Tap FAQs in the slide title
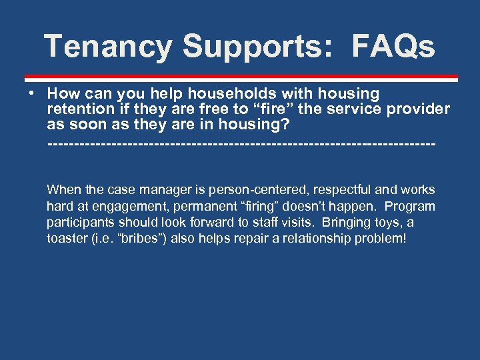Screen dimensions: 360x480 pyautogui.click(x=393, y=47)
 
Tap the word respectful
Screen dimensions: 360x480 pyautogui.click(x=346, y=190)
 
